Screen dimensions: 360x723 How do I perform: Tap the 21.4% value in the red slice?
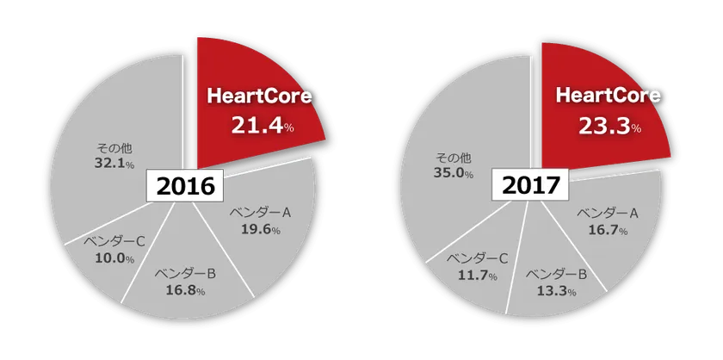tap(263, 126)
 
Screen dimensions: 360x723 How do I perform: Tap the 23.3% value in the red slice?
tap(607, 127)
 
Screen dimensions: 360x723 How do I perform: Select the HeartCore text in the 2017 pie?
tap(608, 96)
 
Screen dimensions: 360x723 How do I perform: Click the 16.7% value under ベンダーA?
tap(606, 230)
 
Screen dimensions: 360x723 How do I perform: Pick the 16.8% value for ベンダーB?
tap(184, 290)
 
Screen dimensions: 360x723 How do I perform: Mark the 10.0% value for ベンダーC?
tap(114, 258)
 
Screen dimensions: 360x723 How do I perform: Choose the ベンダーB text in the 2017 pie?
tap(557, 275)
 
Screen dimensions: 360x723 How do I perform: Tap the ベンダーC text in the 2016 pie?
tap(114, 241)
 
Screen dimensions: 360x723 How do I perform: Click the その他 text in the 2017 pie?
tap(453, 157)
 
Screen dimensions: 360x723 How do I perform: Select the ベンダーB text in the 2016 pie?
tap(184, 274)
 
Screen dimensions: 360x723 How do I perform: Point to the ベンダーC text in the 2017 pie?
tap(476, 258)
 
